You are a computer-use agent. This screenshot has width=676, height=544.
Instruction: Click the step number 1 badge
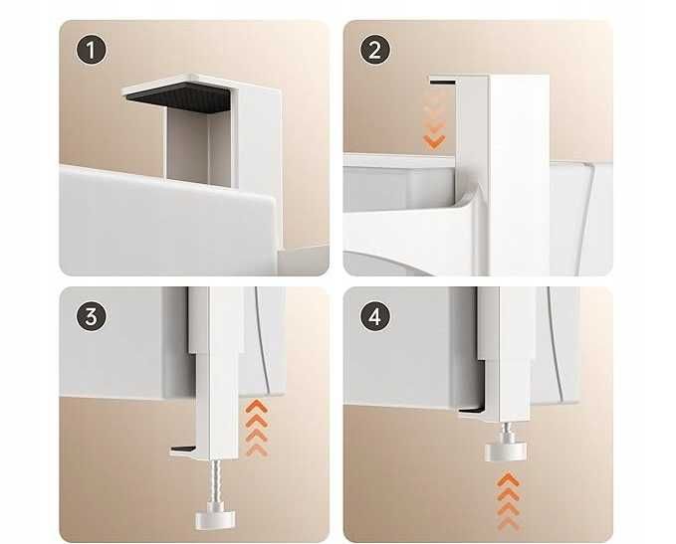pyautogui.click(x=91, y=50)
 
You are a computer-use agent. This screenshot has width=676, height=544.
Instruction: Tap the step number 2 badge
pyautogui.click(x=375, y=50)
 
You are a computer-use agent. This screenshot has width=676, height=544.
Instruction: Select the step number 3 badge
pyautogui.click(x=91, y=316)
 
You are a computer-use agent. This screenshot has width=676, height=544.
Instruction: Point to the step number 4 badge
pyautogui.click(x=375, y=316)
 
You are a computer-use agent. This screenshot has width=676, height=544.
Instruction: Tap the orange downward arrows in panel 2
pyautogui.click(x=434, y=119)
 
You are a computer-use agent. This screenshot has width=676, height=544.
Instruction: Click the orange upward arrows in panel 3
pyautogui.click(x=257, y=428)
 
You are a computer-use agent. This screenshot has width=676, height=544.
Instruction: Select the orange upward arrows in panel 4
pyautogui.click(x=509, y=501)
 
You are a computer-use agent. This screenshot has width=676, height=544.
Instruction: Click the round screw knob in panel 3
pyautogui.click(x=216, y=519)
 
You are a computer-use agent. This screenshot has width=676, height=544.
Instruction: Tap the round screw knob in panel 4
pyautogui.click(x=506, y=452)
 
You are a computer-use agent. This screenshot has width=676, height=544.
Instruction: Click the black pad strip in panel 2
pyautogui.click(x=442, y=82)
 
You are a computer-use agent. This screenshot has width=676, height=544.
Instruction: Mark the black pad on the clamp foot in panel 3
pyautogui.click(x=183, y=449)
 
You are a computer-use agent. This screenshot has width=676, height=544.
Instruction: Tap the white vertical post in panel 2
pyautogui.click(x=519, y=172)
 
